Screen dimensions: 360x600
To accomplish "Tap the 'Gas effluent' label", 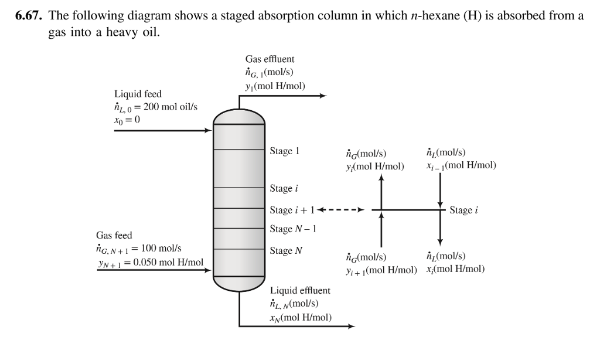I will coord(270,59).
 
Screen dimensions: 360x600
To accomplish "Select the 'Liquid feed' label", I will coord(138,94).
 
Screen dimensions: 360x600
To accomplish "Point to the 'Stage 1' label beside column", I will coord(285,151).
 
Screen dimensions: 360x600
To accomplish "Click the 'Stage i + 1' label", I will coord(290,210).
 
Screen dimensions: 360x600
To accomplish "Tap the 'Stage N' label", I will coord(286,251).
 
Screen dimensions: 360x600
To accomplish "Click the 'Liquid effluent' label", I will coord(300,290).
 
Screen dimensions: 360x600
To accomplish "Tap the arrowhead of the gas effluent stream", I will coord(322,96).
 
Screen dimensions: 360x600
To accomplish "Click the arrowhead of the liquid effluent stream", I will coord(351,327).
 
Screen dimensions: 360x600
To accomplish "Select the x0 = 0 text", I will coord(127,120).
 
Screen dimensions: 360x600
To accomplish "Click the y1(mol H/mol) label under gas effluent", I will coord(275,85).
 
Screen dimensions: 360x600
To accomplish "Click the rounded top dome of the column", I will coord(239,117).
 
